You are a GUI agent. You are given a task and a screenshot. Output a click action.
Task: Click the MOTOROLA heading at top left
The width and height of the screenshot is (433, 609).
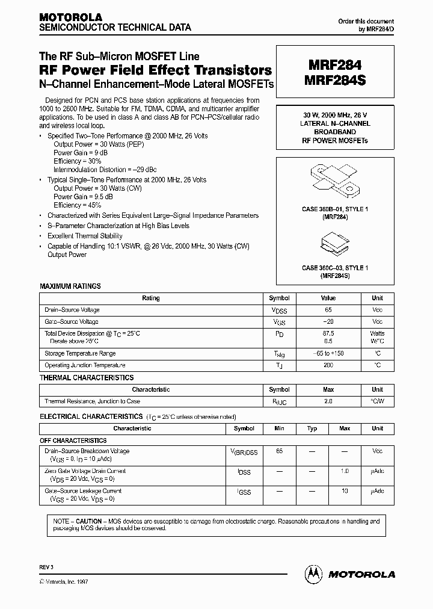[70, 17]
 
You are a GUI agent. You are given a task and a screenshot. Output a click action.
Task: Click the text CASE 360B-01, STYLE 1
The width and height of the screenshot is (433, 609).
[335, 209]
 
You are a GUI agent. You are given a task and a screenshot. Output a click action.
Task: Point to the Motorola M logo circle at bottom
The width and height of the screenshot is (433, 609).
[315, 573]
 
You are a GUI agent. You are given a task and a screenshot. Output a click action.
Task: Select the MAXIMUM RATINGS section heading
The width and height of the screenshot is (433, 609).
[70, 286]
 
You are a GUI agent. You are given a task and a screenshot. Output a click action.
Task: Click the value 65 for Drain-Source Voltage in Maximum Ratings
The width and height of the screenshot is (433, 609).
[328, 310]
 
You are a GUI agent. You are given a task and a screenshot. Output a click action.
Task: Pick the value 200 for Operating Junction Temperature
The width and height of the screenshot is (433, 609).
[328, 365]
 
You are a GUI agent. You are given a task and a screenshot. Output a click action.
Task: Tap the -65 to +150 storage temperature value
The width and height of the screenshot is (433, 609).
[328, 353]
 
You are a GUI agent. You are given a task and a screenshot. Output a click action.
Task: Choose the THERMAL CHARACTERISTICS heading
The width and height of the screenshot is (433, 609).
[87, 377]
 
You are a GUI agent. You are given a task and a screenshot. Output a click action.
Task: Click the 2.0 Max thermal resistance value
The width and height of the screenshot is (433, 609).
[328, 401]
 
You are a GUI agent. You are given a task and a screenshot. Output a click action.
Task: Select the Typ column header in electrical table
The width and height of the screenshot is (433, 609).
[312, 428]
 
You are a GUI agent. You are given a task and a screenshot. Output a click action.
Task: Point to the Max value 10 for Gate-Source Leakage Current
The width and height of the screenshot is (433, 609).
[345, 491]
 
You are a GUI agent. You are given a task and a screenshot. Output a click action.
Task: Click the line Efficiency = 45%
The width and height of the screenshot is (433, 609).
[77, 205]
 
